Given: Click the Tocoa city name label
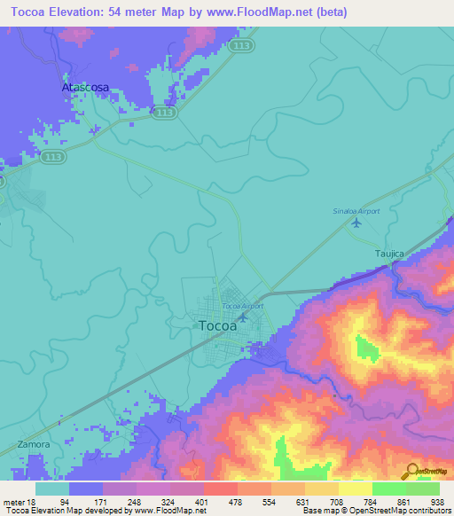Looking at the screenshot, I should pos(218,325).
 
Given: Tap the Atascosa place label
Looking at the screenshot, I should pos(85,89).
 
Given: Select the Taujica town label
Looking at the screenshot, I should pos(387,254).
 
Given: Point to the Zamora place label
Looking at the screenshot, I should pos(34,443).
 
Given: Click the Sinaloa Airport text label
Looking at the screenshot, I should pos(356,211).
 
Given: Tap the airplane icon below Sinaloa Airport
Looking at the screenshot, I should pos(356,223).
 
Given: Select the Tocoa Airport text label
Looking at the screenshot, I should pos(242,306).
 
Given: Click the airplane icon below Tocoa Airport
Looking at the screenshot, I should pos(242,317).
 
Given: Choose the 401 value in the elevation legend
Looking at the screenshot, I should pos(220,501).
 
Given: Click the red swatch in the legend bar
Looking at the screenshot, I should pos(220,489).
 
